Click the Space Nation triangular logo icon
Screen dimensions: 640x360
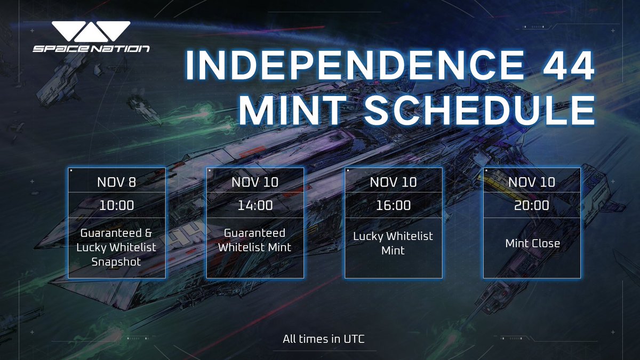pyautogui.click(x=91, y=31)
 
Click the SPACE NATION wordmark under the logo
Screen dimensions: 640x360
pyautogui.click(x=91, y=49)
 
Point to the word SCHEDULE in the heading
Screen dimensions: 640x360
pyautogui.click(x=479, y=110)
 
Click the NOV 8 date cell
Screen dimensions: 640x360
pyautogui.click(x=117, y=182)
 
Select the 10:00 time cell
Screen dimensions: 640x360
pyautogui.click(x=117, y=205)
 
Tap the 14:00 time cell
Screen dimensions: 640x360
pyautogui.click(x=255, y=205)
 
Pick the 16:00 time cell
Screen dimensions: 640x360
pyautogui.click(x=394, y=205)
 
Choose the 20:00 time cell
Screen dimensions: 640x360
pyautogui.click(x=532, y=205)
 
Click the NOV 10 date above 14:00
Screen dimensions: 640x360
pyautogui.click(x=255, y=182)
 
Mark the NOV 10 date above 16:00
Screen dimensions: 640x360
pyautogui.click(x=394, y=182)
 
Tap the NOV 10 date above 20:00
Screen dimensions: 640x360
pyautogui.click(x=532, y=182)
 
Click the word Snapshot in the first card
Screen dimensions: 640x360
pyautogui.click(x=116, y=262)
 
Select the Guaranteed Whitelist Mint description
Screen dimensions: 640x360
pyautogui.click(x=254, y=240)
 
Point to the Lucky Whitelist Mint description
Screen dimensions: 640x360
pyautogui.click(x=393, y=243)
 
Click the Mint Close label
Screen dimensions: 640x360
pyautogui.click(x=533, y=243)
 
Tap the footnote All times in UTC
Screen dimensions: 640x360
pyautogui.click(x=324, y=339)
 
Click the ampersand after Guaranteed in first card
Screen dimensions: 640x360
pyautogui.click(x=148, y=233)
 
